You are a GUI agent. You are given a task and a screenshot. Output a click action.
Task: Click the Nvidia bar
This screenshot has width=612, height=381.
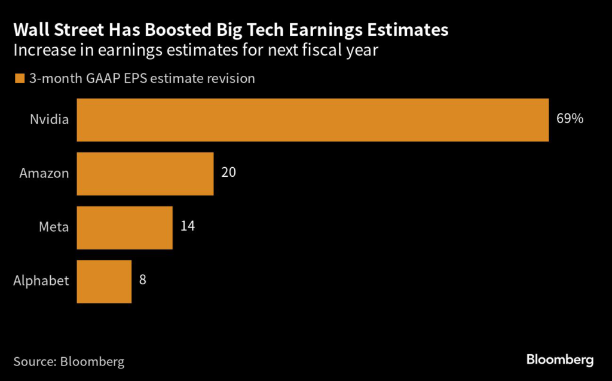313,120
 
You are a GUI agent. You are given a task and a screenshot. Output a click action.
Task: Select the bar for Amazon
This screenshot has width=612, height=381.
145,174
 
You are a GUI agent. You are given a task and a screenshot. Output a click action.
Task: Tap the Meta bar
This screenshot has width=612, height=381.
125,228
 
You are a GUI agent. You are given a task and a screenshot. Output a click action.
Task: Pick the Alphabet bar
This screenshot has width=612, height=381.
104,281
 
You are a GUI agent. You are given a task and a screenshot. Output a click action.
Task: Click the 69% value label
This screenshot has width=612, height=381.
570,119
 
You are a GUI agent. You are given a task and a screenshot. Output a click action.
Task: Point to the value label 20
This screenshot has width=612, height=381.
228,173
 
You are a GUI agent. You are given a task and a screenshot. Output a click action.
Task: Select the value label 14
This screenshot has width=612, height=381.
187,227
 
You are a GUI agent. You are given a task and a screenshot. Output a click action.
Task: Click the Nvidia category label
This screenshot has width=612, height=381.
50,119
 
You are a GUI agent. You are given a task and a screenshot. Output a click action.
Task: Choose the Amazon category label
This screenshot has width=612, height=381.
44,174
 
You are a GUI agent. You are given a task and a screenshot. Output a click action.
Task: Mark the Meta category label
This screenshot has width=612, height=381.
54,228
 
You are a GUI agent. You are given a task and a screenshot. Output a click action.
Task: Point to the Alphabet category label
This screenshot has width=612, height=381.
41,281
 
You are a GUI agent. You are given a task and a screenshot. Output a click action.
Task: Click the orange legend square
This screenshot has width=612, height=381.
20,79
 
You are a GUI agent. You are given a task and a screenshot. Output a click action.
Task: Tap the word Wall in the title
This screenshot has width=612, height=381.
32,29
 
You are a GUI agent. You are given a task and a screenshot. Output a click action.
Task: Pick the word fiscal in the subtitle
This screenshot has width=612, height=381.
317,50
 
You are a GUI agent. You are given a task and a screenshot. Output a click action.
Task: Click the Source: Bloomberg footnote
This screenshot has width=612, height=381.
69,361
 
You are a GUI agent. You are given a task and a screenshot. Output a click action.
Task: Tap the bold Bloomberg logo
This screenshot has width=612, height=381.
560,360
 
